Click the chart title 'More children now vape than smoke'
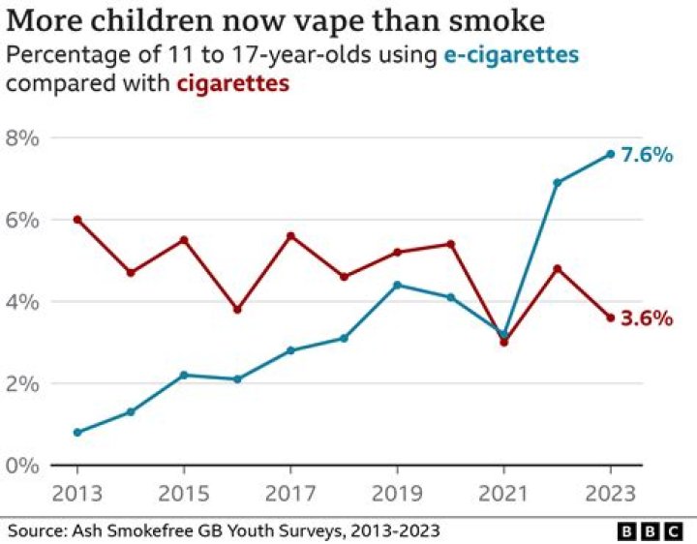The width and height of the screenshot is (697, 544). tap(273, 20)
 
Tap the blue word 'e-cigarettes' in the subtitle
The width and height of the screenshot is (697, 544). tap(511, 55)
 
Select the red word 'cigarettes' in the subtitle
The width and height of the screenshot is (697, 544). tap(232, 83)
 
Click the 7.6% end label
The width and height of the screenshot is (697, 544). tap(646, 154)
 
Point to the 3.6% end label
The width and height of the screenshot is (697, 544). tap(646, 317)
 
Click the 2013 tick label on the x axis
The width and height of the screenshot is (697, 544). tap(77, 493)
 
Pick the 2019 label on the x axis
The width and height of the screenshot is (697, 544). tap(397, 493)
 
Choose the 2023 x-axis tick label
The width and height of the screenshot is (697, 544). tap(610, 493)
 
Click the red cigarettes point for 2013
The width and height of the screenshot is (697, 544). tap(77, 220)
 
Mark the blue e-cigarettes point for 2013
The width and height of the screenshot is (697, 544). tap(77, 432)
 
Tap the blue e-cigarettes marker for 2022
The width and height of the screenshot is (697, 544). tap(557, 183)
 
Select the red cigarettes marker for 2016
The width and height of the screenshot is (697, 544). tap(237, 310)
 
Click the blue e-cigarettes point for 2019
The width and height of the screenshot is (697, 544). tap(397, 285)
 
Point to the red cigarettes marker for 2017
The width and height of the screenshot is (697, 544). tap(290, 236)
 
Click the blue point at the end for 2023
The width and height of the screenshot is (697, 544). tap(610, 154)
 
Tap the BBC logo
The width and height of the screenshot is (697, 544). tap(652, 531)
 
